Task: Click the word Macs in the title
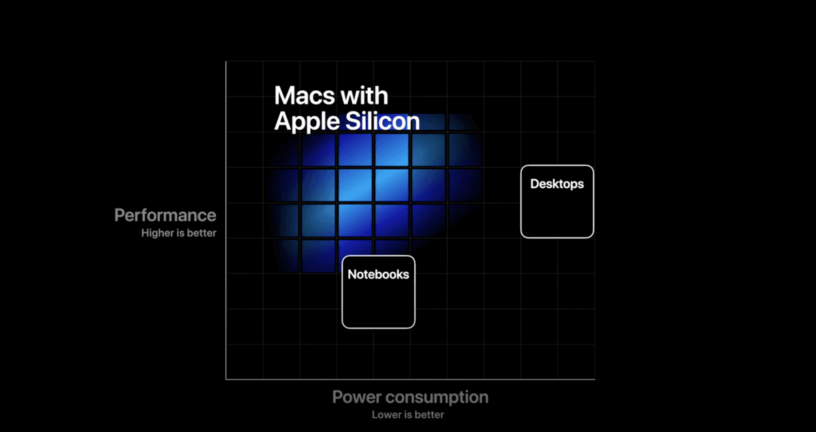[304, 95]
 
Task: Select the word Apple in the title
[307, 122]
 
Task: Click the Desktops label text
[557, 183]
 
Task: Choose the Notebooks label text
[378, 274]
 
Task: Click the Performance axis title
[165, 215]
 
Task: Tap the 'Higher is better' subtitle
[179, 233]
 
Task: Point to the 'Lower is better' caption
[408, 414]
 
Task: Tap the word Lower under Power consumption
[385, 414]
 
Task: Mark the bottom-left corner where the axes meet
[226, 379]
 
